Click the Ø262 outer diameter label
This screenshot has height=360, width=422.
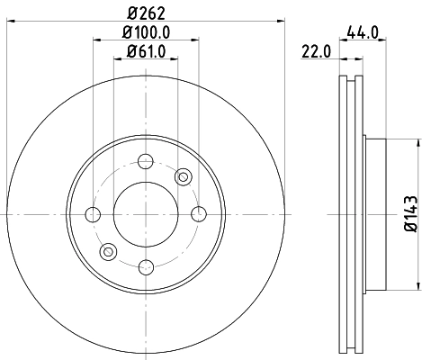pos(145,13)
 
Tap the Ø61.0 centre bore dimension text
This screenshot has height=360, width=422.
pos(145,50)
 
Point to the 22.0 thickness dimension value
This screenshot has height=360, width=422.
pos(315,53)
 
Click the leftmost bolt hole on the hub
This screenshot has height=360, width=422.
pos(93,213)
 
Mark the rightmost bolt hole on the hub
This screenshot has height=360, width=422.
pos(197,213)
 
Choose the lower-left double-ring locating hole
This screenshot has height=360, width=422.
pos(108,251)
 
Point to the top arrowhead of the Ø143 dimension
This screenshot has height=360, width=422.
pos(418,140)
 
